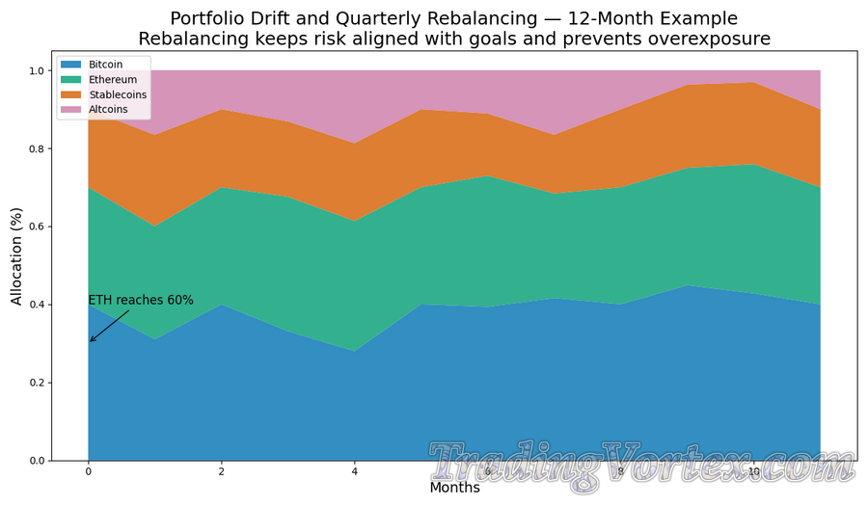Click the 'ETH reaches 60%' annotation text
pos(141,300)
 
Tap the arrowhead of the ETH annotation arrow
pos(91,341)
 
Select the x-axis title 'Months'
pos(454,488)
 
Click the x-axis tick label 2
pos(222,472)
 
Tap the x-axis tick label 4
pos(355,472)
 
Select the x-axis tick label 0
pos(89,472)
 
